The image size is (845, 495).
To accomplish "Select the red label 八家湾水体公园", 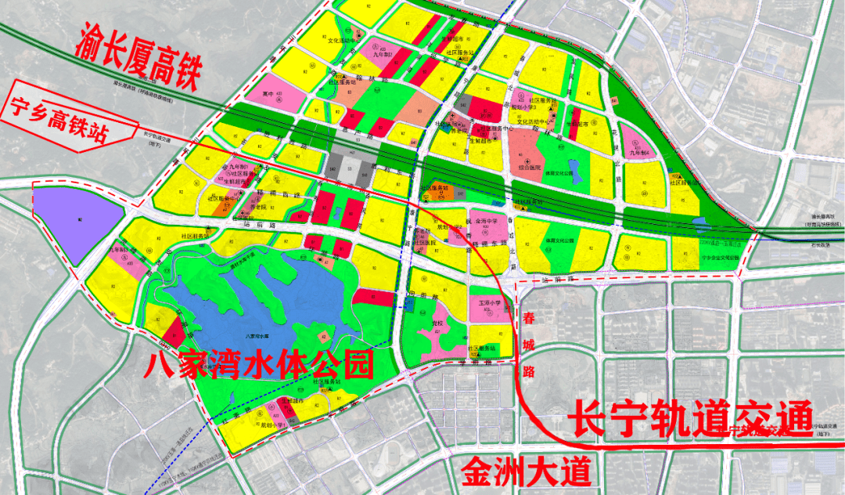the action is click(x=258, y=364).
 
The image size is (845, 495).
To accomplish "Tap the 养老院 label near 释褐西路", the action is click(x=248, y=206).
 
